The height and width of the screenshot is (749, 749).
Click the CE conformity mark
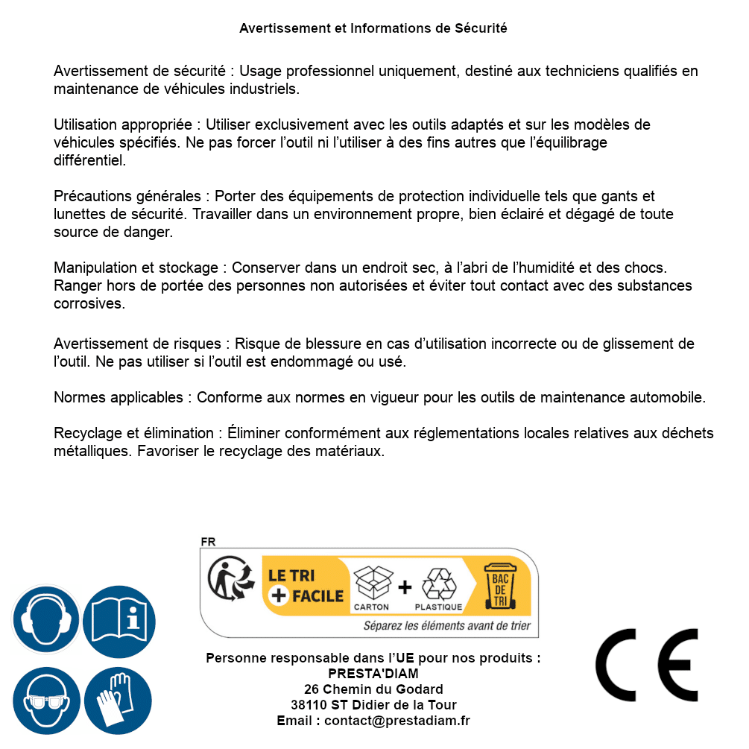(647, 665)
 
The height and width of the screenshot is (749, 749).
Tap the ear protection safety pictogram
(46, 619)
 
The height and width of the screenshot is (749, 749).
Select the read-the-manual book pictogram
(118, 619)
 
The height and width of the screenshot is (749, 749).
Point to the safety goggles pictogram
(46, 701)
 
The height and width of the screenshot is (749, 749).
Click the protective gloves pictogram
(118, 701)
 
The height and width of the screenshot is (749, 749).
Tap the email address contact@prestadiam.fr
(397, 721)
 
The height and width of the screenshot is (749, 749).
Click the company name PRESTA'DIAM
(373, 674)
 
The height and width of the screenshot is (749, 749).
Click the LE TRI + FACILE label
(306, 586)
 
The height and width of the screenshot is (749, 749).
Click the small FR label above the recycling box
(208, 542)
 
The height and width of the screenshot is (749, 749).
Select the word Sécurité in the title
(481, 28)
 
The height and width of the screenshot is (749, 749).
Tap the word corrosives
(89, 303)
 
